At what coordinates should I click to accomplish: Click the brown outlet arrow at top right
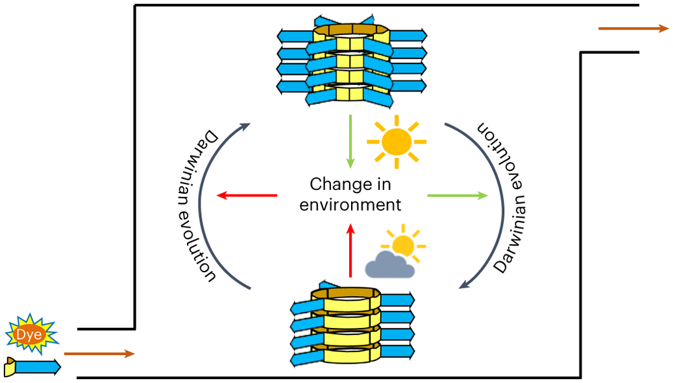point(633,29)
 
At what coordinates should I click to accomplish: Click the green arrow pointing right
point(458,194)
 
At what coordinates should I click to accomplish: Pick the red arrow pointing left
point(247,194)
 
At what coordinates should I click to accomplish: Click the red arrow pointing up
point(351,250)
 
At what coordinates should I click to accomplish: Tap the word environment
point(350,205)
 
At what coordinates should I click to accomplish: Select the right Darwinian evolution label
point(499,194)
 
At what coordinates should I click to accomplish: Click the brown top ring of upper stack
point(351,30)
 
